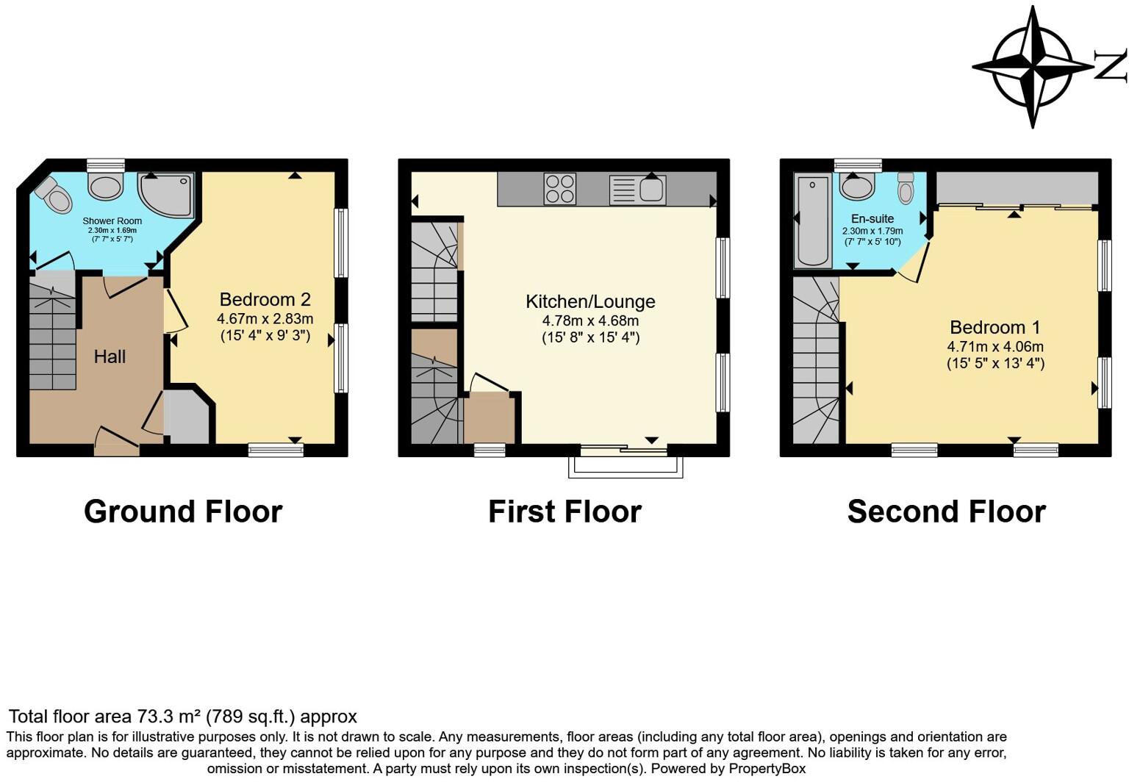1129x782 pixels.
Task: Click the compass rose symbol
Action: [x=1032, y=67]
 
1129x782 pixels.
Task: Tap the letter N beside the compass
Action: [x=1111, y=66]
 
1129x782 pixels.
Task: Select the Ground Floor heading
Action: [x=183, y=512]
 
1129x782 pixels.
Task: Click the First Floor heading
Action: [x=564, y=512]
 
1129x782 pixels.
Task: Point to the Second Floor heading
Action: [x=946, y=512]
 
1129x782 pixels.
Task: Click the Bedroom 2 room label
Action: [x=265, y=300]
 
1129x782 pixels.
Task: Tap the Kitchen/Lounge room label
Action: [x=590, y=302]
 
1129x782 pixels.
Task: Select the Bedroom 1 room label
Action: [x=995, y=328]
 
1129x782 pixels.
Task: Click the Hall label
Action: [x=110, y=356]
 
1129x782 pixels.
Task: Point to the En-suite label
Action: [x=872, y=219]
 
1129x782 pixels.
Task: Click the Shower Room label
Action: [x=112, y=220]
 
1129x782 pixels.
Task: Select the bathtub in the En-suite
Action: [x=813, y=220]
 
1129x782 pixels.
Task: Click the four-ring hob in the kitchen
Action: [x=559, y=188]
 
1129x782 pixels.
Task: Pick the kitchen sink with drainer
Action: [x=638, y=190]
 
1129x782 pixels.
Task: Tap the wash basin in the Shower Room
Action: [x=106, y=185]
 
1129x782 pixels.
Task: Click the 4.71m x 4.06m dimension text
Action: [x=995, y=347]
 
